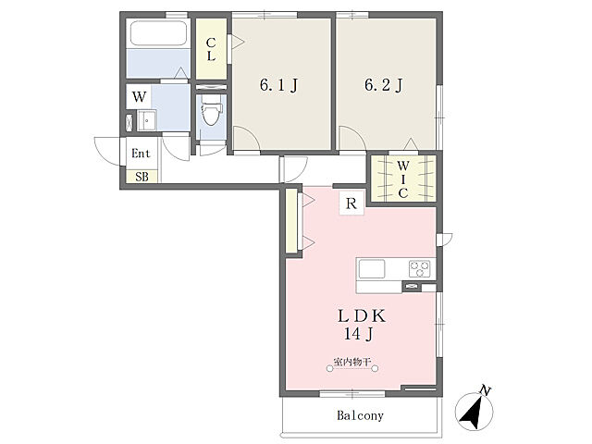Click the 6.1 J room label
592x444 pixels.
278,85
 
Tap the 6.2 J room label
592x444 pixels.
384,85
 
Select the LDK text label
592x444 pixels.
362,316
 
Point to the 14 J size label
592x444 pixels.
359,334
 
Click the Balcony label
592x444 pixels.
360,415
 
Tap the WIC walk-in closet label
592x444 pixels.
403,179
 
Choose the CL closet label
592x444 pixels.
211,49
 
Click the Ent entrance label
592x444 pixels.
141,154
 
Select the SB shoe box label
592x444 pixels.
142,177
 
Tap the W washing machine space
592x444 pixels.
139,96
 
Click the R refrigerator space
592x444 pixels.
351,203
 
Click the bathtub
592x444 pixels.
158,33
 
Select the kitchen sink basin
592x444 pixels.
372,269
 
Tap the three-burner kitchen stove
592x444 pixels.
419,269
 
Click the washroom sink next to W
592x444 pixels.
147,120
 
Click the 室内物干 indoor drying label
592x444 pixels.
351,362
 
